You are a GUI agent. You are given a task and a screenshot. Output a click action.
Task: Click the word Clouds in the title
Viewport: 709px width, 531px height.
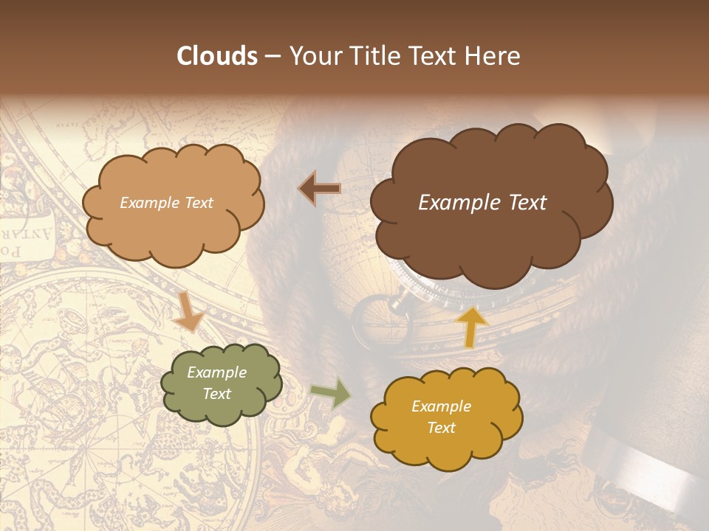tap(216, 56)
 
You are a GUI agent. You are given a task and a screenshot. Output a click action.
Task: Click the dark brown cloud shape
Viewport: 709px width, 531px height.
tap(487, 236)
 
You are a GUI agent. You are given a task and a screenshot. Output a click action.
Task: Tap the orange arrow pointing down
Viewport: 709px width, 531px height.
tap(188, 311)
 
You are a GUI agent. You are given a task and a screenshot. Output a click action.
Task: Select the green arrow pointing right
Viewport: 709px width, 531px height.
tap(331, 394)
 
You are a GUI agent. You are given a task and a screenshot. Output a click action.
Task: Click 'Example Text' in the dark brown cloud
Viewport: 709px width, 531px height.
tap(482, 203)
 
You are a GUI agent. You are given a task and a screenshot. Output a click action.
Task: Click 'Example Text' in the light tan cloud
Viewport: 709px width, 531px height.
tap(166, 203)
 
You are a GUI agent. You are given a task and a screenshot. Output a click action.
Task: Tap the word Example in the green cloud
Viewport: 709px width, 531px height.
tap(216, 372)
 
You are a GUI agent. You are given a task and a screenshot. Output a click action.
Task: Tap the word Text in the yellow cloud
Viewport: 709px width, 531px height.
tap(441, 428)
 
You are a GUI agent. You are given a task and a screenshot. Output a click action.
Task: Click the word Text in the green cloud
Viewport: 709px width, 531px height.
tap(216, 394)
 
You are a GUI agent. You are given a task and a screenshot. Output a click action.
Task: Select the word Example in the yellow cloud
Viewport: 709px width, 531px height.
tap(441, 406)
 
